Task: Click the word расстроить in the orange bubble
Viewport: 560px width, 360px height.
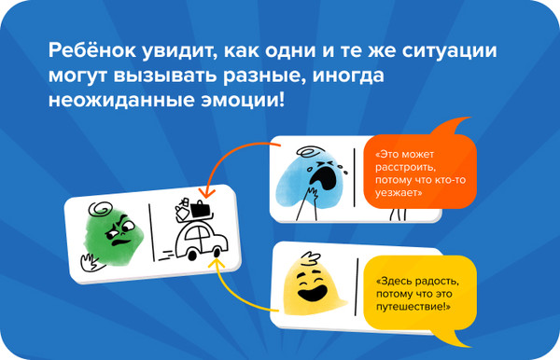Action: tap(402, 168)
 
